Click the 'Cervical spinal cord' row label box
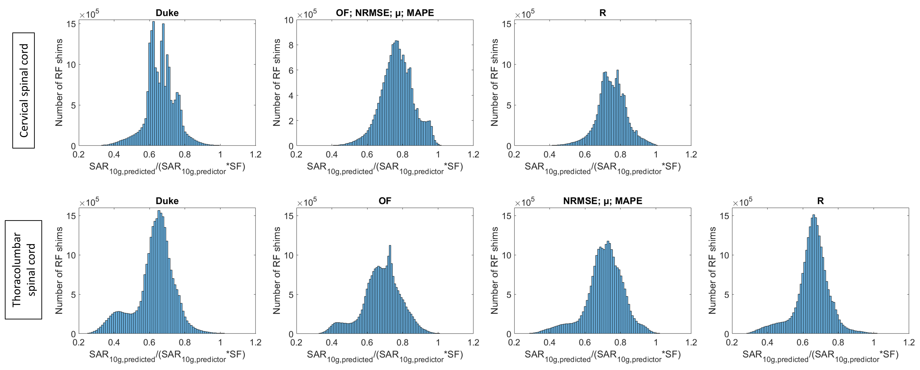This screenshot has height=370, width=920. (x=24, y=90)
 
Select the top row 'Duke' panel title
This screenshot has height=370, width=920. (x=167, y=13)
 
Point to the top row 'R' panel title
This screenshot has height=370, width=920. (x=603, y=13)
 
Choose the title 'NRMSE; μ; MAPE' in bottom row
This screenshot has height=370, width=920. (x=603, y=201)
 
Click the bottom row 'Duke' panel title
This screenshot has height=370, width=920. (x=167, y=201)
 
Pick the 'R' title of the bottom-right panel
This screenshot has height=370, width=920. (x=820, y=201)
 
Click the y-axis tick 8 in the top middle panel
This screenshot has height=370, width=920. (x=291, y=45)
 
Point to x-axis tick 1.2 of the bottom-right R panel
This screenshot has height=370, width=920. (x=909, y=342)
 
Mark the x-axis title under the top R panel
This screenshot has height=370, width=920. (x=603, y=168)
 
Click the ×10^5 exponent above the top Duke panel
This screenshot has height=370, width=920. (x=89, y=14)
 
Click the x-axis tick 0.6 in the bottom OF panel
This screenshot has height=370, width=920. (x=367, y=342)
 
